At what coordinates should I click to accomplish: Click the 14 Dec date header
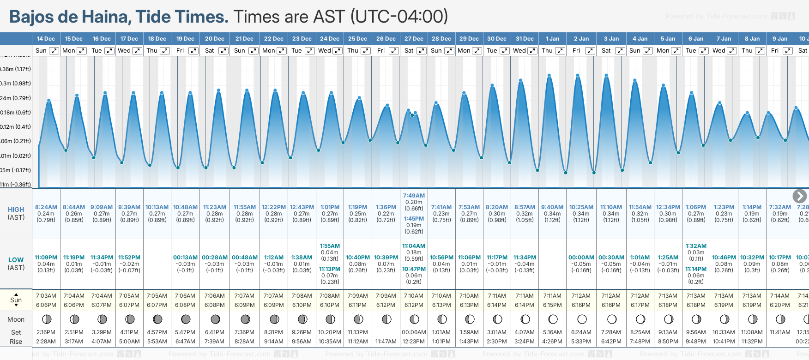tap(46, 39)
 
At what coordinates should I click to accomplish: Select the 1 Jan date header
tap(552, 39)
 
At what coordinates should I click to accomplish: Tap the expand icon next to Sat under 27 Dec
tap(422, 51)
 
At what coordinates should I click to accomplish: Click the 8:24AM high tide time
tap(46, 207)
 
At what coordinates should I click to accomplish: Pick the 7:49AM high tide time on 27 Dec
tap(414, 196)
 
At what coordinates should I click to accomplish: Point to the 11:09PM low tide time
tap(46, 258)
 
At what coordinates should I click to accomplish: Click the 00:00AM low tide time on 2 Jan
tap(581, 258)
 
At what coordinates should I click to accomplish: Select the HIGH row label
tap(16, 210)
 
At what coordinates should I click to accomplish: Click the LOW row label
tap(16, 260)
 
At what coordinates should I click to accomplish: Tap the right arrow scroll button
tap(800, 196)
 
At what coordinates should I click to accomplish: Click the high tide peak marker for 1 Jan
tap(549, 75)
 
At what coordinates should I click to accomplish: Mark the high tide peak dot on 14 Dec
tap(48, 100)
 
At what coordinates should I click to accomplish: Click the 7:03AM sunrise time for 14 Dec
tap(46, 296)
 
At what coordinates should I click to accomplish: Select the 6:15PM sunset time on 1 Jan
tap(552, 305)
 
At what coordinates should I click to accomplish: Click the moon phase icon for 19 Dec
tap(186, 319)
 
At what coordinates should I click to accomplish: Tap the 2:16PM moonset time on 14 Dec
tap(46, 332)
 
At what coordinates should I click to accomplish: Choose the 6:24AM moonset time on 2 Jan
tap(581, 332)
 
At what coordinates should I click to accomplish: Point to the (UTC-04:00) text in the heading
tap(399, 17)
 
